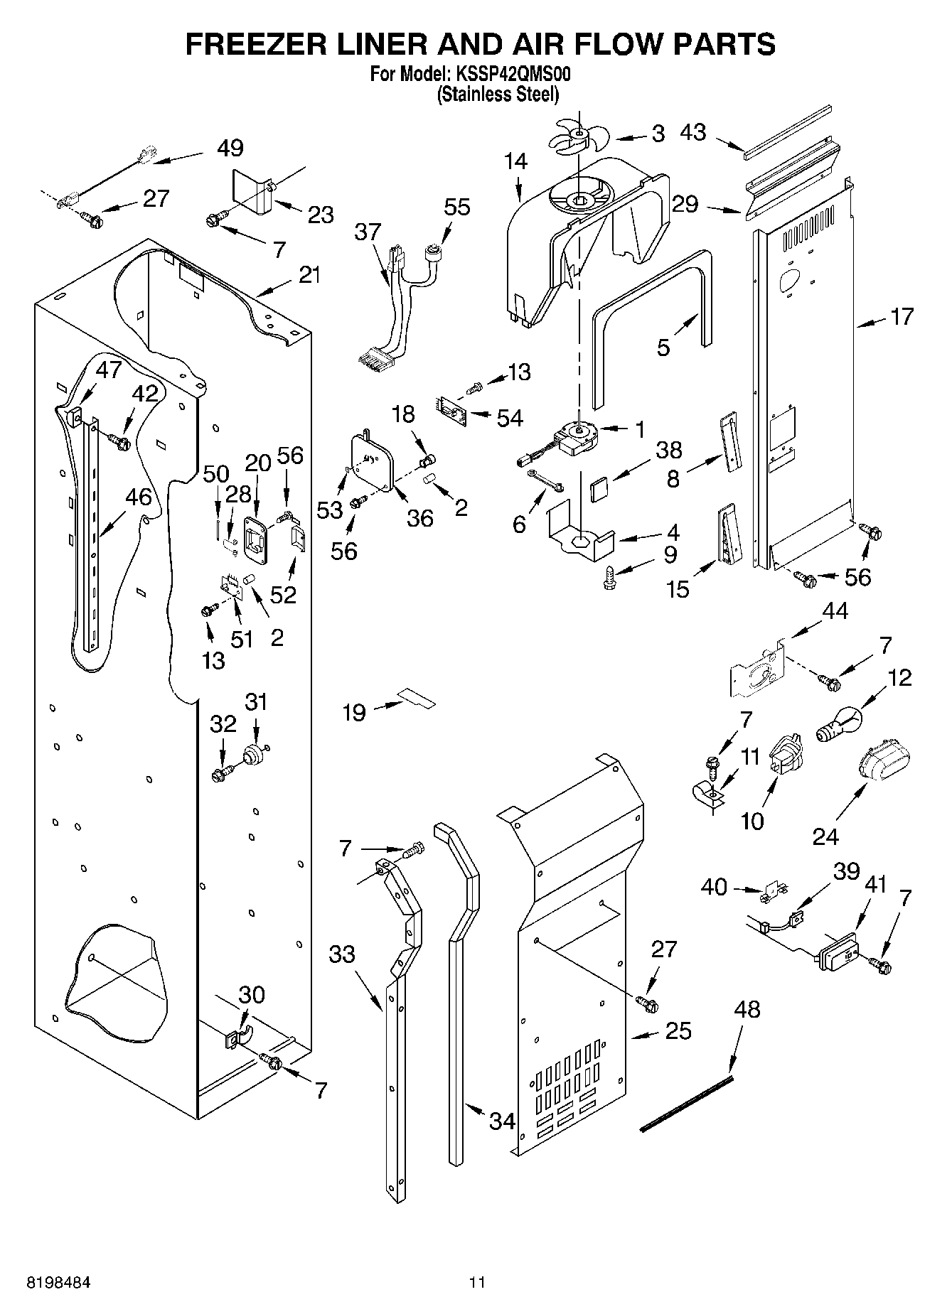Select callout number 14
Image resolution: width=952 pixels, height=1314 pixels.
tap(517, 161)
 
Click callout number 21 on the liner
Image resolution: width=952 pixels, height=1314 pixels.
tap(309, 275)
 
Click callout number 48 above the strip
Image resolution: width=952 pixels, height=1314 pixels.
tap(745, 1008)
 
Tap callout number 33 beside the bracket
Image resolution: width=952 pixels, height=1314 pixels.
tap(341, 953)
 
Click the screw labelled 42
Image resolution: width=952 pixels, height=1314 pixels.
tap(120, 443)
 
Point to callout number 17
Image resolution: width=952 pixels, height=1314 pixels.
tap(902, 316)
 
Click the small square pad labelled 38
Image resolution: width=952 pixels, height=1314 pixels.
tap(599, 488)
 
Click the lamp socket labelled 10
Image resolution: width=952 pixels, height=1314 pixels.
tap(786, 759)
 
